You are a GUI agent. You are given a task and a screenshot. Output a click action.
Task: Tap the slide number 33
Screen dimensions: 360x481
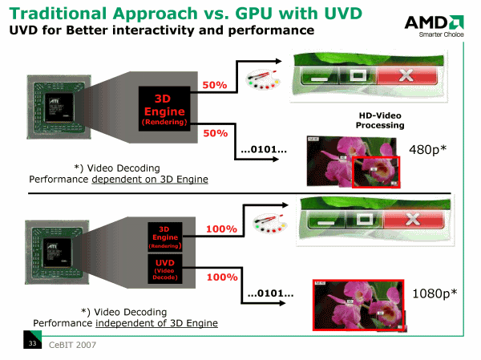coord(33,345)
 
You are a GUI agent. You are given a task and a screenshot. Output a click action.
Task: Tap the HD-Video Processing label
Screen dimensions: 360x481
coord(381,120)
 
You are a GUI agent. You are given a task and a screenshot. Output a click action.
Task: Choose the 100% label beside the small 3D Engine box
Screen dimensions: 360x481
coord(221,229)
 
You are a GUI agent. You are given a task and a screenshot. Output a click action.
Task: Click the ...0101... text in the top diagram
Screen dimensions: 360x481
coord(264,150)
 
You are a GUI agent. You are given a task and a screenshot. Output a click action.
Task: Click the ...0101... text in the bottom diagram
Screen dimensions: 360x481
coord(270,293)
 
